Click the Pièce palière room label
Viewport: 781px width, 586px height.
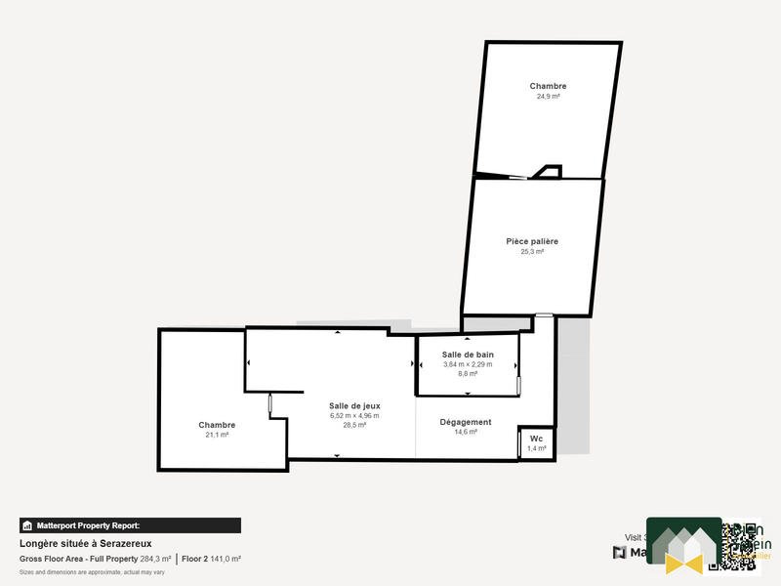coord(532,241)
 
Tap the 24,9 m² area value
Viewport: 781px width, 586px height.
coord(548,97)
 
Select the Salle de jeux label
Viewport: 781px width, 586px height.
coord(353,405)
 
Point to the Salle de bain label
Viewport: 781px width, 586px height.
coord(468,354)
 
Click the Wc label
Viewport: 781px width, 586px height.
coord(536,439)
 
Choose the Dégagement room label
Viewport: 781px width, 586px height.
coord(466,422)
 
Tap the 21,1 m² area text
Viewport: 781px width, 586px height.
coord(217,435)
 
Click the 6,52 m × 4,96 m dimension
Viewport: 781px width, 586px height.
coord(353,415)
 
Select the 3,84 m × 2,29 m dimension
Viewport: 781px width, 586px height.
coord(468,363)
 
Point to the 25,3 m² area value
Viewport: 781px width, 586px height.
coord(532,251)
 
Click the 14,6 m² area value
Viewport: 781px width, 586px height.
coord(466,432)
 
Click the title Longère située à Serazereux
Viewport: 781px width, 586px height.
coord(86,543)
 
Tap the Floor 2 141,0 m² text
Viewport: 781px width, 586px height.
coord(211,559)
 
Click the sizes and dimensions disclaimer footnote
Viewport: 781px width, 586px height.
coord(87,571)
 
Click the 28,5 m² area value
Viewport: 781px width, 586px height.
coord(353,425)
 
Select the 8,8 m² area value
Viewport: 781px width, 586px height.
coord(468,373)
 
